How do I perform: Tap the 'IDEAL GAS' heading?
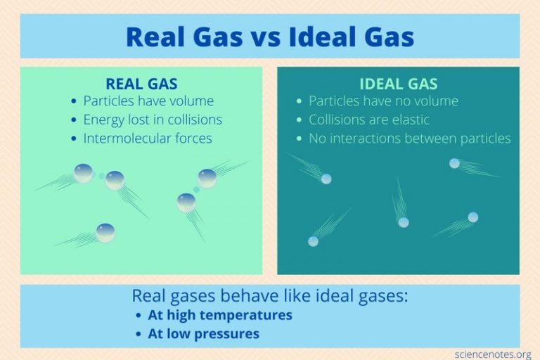click(x=398, y=84)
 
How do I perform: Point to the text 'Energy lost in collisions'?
click(x=153, y=120)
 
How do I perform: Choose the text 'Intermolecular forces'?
click(x=147, y=138)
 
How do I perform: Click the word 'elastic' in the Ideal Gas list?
click(x=406, y=120)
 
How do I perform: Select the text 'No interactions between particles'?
click(x=410, y=138)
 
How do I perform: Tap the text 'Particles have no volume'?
click(x=383, y=101)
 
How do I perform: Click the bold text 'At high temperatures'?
click(x=220, y=315)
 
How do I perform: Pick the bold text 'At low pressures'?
click(x=203, y=333)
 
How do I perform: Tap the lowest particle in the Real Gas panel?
click(x=105, y=232)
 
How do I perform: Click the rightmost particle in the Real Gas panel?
click(x=207, y=177)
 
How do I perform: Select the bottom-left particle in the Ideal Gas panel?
click(x=313, y=241)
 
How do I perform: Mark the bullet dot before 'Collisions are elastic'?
click(x=300, y=120)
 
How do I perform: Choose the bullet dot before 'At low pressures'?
click(x=138, y=334)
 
